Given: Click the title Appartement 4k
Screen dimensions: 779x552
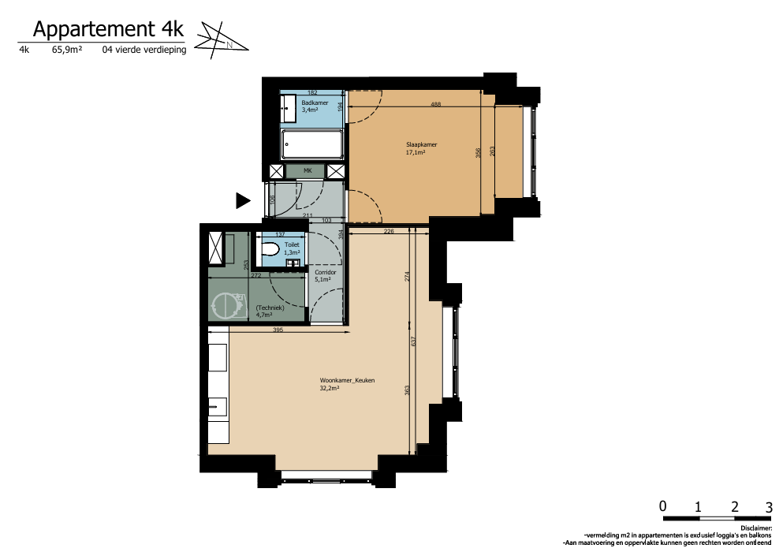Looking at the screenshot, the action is point(108,29).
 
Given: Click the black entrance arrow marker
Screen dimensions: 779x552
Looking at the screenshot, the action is point(243,201).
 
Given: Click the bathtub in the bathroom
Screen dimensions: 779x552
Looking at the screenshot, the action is point(312,144).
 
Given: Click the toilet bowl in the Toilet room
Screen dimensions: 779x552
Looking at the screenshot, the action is point(270,248).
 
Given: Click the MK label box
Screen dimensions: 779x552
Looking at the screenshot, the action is point(307,171).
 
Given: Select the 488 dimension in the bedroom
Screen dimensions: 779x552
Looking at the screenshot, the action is point(436,104).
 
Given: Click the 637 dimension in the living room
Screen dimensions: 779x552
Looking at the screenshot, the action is point(413,341).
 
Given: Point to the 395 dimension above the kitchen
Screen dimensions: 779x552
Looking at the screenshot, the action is point(278,330).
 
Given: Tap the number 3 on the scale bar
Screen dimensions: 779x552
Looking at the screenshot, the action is point(770,507).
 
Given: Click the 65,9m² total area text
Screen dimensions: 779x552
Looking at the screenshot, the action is point(67,50).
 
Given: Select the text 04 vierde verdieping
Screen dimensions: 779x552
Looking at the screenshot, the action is point(144,50).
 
